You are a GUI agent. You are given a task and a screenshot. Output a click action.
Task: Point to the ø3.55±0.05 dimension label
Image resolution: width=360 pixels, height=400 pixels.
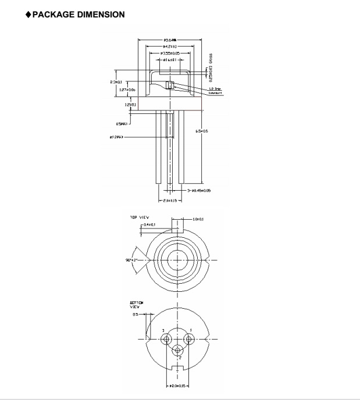pyautogui.click(x=170, y=53)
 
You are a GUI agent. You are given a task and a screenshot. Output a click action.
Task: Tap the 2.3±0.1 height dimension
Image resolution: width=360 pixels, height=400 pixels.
pyautogui.click(x=117, y=82)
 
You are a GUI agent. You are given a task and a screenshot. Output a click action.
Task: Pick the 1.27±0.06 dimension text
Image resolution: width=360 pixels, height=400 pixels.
pyautogui.click(x=127, y=90)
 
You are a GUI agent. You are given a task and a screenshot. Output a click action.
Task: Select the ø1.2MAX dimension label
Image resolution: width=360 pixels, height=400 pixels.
pyautogui.click(x=117, y=138)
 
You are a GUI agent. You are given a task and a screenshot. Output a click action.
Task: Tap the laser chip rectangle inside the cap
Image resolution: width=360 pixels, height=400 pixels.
pyautogui.click(x=170, y=86)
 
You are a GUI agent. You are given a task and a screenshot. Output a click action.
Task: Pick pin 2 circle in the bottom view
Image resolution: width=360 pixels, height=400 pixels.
pyautogui.click(x=178, y=350)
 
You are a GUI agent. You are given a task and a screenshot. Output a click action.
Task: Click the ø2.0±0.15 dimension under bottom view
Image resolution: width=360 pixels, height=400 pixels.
pyautogui.click(x=179, y=385)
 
